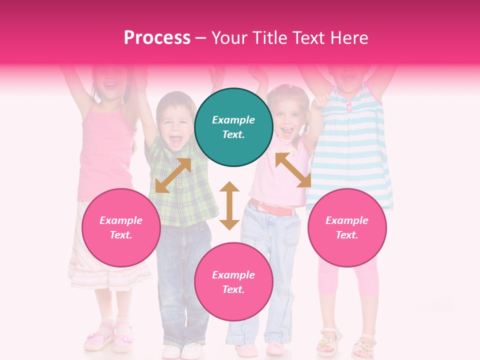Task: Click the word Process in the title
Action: pyautogui.click(x=157, y=38)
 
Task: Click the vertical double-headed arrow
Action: pyautogui.click(x=229, y=205)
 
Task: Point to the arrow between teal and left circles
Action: pyautogui.click(x=173, y=175)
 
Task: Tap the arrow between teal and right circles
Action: pyautogui.click(x=293, y=170)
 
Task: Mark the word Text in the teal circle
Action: pyautogui.click(x=233, y=134)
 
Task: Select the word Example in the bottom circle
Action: pyautogui.click(x=233, y=275)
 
